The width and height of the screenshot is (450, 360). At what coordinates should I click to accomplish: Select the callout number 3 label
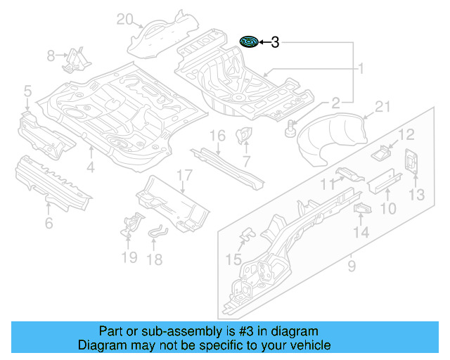click(x=275, y=43)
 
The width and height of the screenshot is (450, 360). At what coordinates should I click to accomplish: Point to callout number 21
click(x=382, y=106)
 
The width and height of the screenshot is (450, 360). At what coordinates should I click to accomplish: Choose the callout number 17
click(x=184, y=175)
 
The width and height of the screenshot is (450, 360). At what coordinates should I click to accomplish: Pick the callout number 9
click(x=351, y=266)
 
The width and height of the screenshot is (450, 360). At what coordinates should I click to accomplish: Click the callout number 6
click(x=49, y=224)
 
